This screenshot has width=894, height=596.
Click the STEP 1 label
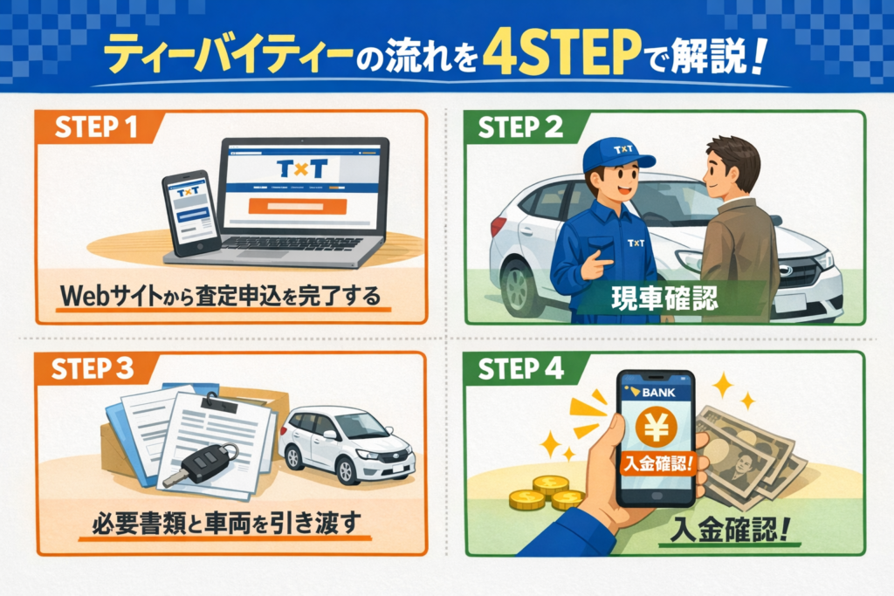[96, 127]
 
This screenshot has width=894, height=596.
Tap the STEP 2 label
[520, 127]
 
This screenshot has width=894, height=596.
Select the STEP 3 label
[93, 368]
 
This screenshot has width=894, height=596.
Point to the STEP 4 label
[520, 368]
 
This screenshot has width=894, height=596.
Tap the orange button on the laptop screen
[298, 206]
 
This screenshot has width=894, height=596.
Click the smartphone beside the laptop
[191, 214]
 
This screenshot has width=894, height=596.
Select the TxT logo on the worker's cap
[623, 149]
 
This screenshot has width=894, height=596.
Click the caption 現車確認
[664, 298]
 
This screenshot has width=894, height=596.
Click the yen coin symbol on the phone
[656, 428]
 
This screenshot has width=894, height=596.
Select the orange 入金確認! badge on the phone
[657, 463]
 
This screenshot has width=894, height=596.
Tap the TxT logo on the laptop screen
[301, 168]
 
